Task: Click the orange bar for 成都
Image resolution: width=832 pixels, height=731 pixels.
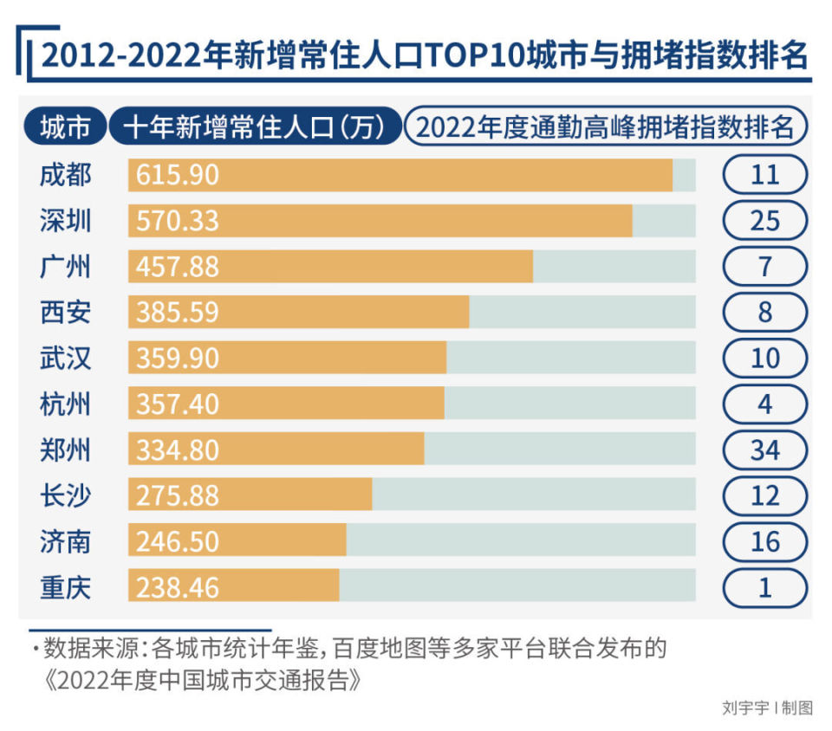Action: click(400, 175)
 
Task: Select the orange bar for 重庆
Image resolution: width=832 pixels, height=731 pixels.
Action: click(233, 585)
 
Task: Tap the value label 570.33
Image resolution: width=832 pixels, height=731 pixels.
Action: click(177, 221)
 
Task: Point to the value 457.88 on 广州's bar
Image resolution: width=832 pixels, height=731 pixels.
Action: click(177, 267)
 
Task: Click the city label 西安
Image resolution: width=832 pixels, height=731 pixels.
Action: click(65, 312)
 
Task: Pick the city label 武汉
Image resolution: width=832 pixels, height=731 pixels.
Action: click(65, 358)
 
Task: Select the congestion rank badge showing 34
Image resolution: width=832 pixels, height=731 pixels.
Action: click(765, 450)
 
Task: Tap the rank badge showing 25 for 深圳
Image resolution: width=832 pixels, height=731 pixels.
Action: click(765, 221)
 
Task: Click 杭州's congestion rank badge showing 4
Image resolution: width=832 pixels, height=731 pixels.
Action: click(765, 404)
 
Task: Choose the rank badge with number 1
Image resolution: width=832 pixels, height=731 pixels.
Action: click(765, 587)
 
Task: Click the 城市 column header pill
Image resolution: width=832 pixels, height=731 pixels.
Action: click(65, 126)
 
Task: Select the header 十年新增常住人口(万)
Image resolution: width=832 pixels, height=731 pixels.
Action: click(255, 126)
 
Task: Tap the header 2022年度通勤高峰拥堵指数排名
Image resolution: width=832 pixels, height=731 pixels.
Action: click(606, 126)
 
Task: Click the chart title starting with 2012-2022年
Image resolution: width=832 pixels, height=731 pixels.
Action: click(425, 55)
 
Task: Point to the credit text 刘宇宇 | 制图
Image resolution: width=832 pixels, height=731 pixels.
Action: click(767, 708)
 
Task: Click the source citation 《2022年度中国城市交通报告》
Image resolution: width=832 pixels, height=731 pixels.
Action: click(203, 681)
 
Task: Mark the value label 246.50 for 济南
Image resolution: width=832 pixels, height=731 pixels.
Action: click(177, 542)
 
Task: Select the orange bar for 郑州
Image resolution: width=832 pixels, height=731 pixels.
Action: click(276, 449)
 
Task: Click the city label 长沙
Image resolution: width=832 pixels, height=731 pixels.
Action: click(65, 495)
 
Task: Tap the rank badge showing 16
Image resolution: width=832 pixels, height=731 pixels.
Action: click(765, 542)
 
